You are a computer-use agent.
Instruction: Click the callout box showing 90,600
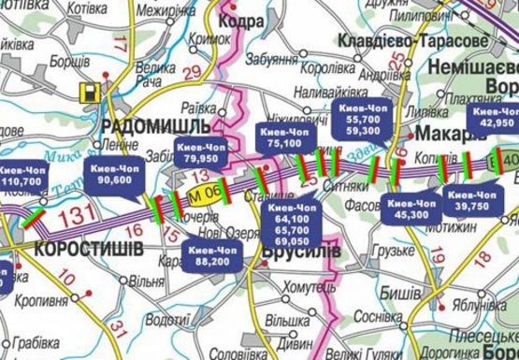click(112, 173)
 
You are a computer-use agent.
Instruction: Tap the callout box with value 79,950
click(201, 152)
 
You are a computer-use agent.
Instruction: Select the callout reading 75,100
click(284, 137)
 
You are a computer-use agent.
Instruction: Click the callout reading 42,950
click(496, 116)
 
